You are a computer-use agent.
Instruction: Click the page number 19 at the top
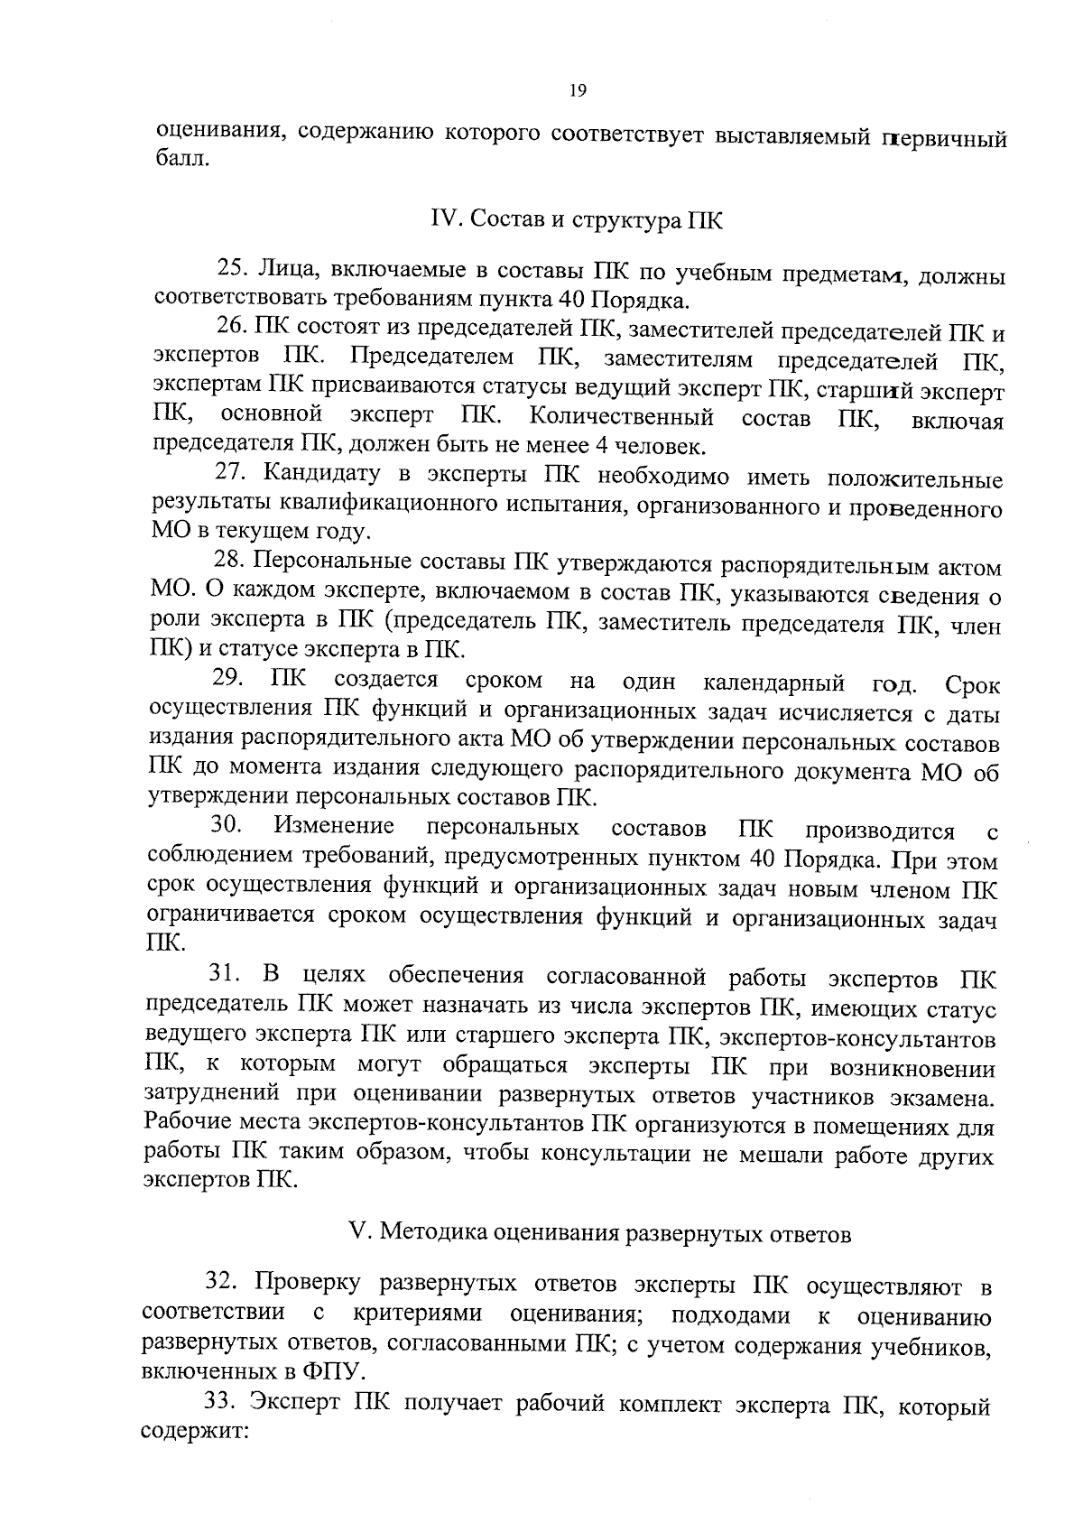coord(578,89)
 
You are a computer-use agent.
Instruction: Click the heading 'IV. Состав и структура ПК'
coord(577,221)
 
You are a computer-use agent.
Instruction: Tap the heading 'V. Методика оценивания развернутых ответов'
coord(599,1233)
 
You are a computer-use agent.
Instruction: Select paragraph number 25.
coord(233,269)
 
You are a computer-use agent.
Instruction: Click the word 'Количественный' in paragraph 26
coord(622,416)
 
